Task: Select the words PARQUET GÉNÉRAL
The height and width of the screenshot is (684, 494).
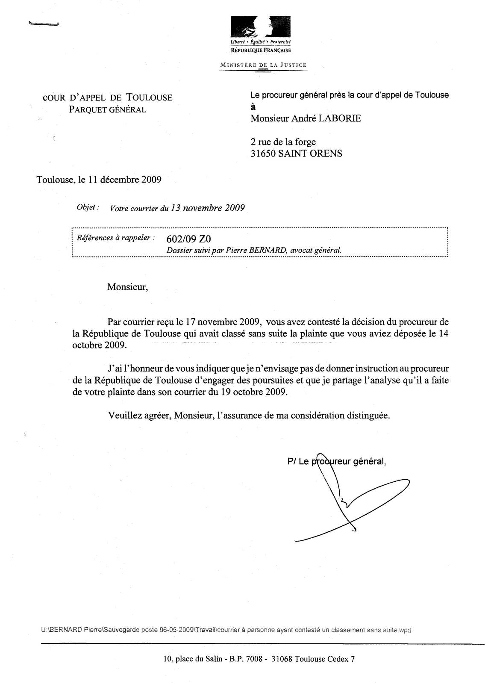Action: [x=108, y=109]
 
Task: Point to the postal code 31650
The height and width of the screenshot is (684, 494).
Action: [x=263, y=153]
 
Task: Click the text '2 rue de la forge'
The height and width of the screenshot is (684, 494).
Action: [x=283, y=142]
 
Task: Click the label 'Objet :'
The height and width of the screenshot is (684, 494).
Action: [x=88, y=207]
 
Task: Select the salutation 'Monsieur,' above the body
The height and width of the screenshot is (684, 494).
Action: [x=127, y=286]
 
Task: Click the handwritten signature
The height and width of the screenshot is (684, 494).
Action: [x=350, y=500]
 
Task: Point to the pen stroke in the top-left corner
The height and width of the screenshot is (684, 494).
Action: [x=43, y=24]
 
